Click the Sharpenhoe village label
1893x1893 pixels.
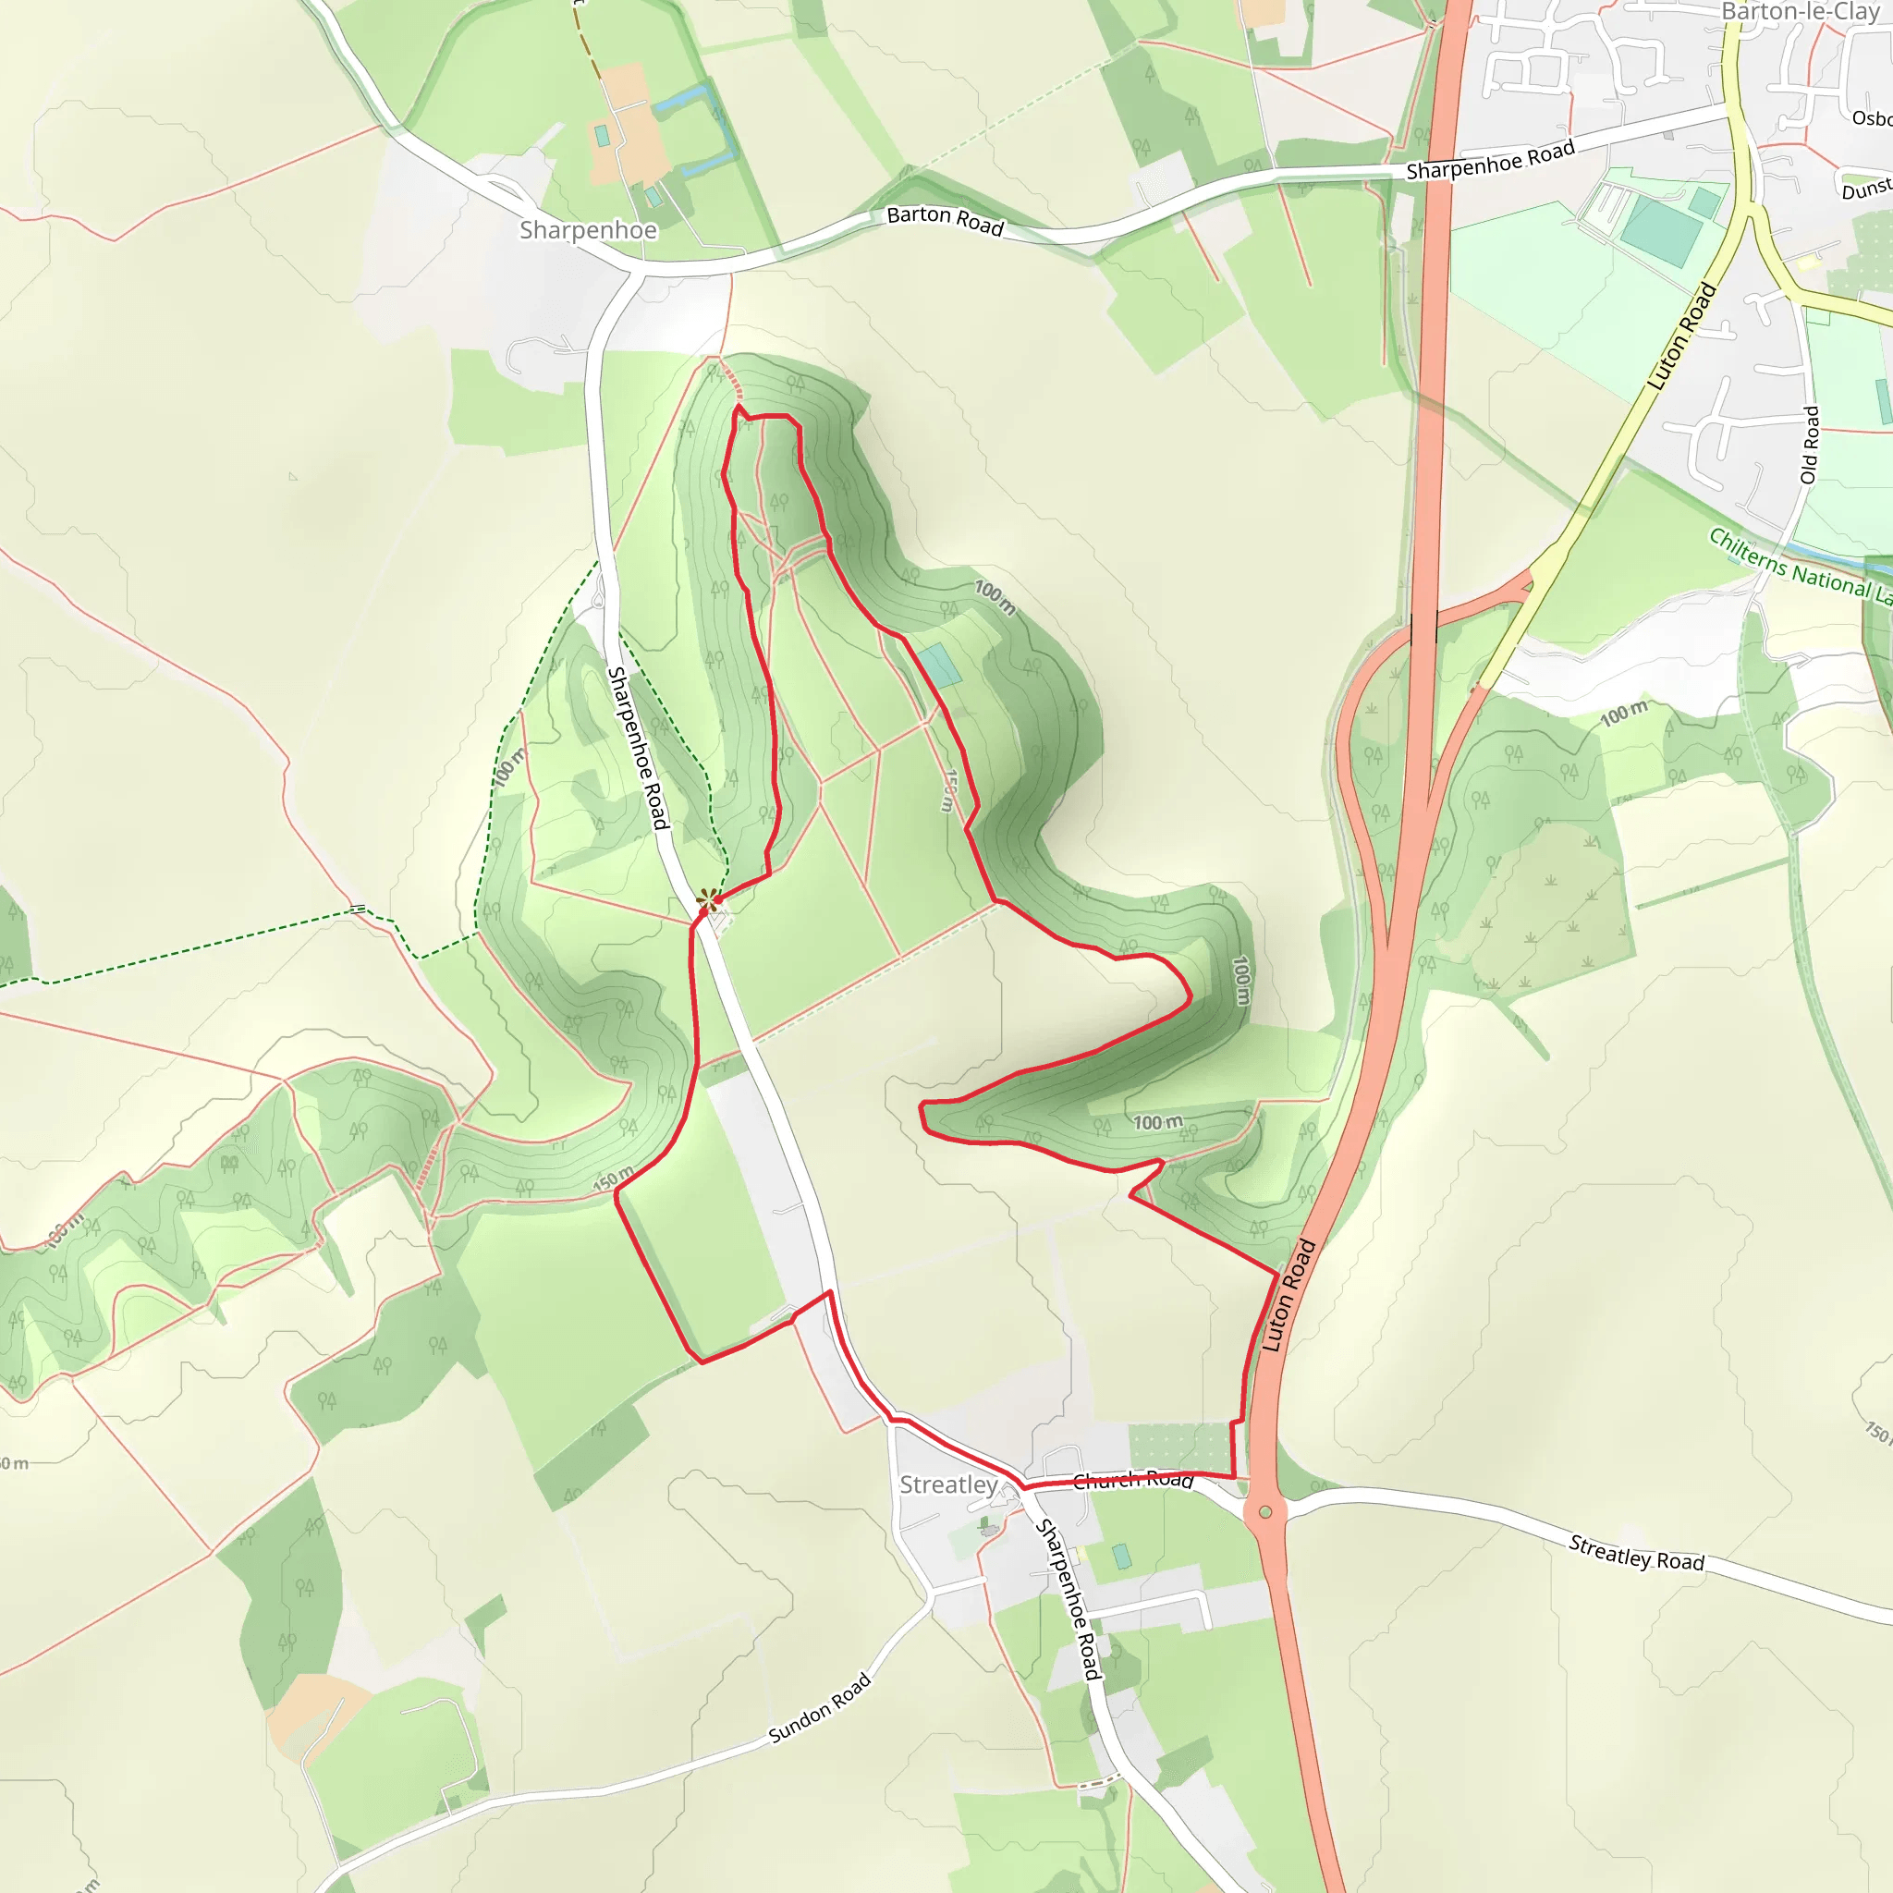click(588, 230)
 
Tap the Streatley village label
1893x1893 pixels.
click(947, 1484)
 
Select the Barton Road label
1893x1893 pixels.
click(945, 221)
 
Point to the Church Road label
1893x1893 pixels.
click(1132, 1480)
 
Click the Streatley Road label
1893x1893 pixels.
click(1636, 1554)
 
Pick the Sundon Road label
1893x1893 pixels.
click(819, 1709)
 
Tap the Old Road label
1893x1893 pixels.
click(1810, 445)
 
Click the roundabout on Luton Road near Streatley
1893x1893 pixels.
click(1265, 1512)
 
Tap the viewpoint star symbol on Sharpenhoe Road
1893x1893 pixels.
click(705, 898)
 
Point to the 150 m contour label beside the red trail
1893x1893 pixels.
click(947, 790)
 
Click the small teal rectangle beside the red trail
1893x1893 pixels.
click(940, 666)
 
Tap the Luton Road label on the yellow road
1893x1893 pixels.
click(1682, 336)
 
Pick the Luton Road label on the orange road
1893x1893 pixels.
click(1288, 1295)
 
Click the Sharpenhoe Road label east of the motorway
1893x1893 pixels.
click(1489, 160)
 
